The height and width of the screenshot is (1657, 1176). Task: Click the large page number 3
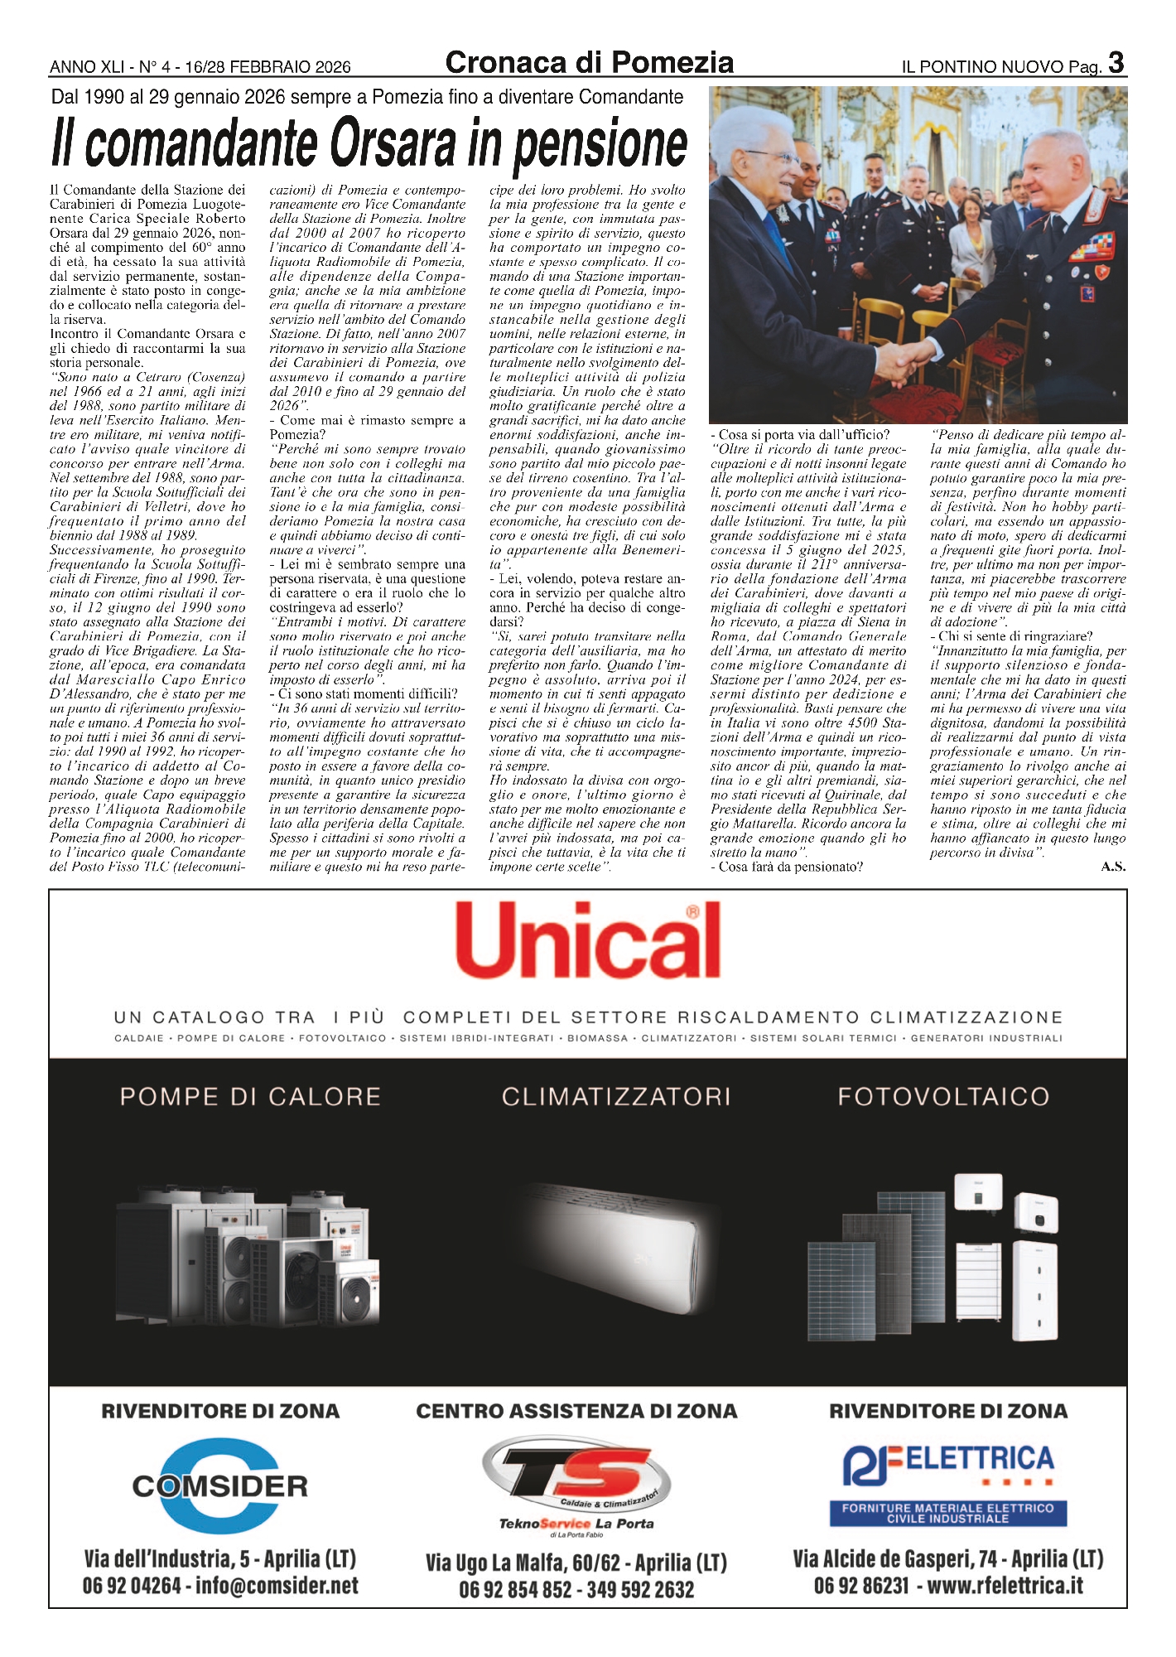1116,62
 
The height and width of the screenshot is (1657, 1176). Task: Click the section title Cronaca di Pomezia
589,62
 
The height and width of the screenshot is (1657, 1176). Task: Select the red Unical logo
588,941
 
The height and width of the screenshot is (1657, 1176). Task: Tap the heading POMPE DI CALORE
250,1096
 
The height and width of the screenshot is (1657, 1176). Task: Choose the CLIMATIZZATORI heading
616,1096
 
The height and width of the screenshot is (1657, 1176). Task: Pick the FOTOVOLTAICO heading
943,1096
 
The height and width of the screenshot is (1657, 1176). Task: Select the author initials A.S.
1113,867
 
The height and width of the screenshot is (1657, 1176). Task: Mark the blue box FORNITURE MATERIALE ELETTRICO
948,1513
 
